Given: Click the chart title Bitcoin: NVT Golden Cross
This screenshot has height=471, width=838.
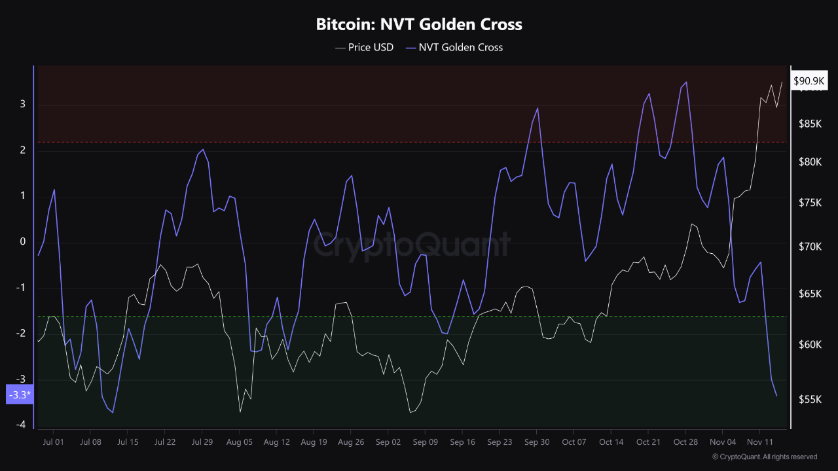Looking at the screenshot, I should pyautogui.click(x=419, y=25).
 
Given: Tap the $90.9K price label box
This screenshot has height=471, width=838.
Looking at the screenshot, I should pyautogui.click(x=809, y=81).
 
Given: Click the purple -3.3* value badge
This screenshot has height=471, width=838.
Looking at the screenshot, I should pyautogui.click(x=18, y=394).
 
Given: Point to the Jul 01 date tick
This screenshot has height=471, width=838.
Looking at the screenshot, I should pyautogui.click(x=54, y=442).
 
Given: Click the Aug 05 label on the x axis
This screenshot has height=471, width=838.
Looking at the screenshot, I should pyautogui.click(x=239, y=442).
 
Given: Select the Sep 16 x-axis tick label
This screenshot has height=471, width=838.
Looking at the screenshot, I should pyautogui.click(x=462, y=442).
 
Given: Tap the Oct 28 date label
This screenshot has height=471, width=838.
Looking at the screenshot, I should pyautogui.click(x=685, y=442).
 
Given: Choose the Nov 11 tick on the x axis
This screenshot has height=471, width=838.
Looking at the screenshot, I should pyautogui.click(x=759, y=442).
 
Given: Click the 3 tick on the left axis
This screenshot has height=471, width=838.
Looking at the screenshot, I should pyautogui.click(x=22, y=104).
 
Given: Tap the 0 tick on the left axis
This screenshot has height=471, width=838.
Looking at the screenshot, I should pyautogui.click(x=22, y=242).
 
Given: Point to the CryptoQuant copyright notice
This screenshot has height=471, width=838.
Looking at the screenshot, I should pyautogui.click(x=764, y=457).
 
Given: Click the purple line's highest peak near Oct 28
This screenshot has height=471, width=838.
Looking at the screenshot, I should pyautogui.click(x=686, y=82).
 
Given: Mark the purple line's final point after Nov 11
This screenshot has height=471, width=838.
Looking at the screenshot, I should pyautogui.click(x=776, y=396).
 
